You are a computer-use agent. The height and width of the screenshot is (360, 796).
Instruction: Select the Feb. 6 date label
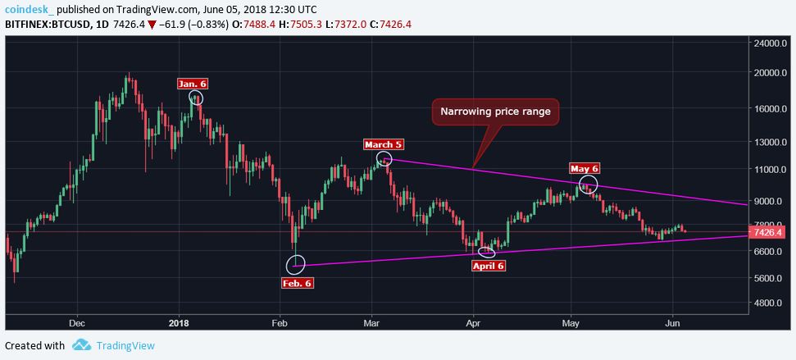tap(297, 283)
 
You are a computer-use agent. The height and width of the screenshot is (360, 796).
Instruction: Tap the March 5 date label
tap(384, 144)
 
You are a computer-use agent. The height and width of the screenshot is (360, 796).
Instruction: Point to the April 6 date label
tap(489, 266)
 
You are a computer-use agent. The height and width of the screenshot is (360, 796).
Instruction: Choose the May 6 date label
tap(584, 168)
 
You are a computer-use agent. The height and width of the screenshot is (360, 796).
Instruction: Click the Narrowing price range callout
tap(495, 112)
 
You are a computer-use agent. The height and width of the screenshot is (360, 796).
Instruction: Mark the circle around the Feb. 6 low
tap(297, 264)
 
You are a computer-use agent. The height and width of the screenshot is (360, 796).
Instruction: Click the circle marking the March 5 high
tap(384, 159)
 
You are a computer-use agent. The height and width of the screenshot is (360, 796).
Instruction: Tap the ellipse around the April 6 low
tap(487, 252)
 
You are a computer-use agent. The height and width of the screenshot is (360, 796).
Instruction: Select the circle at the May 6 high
tap(588, 185)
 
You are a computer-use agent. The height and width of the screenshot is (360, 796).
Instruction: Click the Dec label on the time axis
tap(77, 324)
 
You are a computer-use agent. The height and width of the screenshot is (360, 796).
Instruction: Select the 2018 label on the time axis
tap(179, 324)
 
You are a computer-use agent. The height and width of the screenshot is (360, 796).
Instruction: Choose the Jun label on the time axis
tap(672, 324)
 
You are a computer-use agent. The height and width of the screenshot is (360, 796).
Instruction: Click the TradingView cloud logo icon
tap(81, 345)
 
